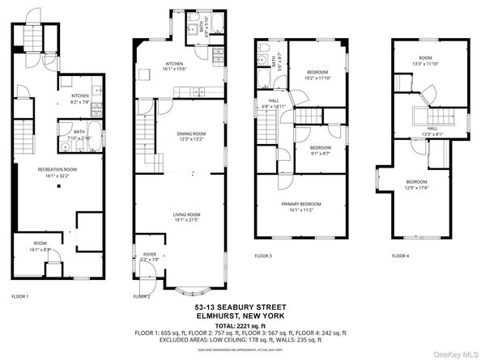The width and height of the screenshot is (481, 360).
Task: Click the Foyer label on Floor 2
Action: point(149,256)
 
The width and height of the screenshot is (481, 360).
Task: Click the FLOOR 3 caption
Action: point(263,256)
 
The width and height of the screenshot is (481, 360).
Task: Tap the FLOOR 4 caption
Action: point(401,256)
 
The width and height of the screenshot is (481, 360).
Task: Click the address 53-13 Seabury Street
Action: point(240,307)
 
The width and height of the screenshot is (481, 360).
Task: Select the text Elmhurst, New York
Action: point(240,315)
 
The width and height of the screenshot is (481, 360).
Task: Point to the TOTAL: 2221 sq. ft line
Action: point(240,324)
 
